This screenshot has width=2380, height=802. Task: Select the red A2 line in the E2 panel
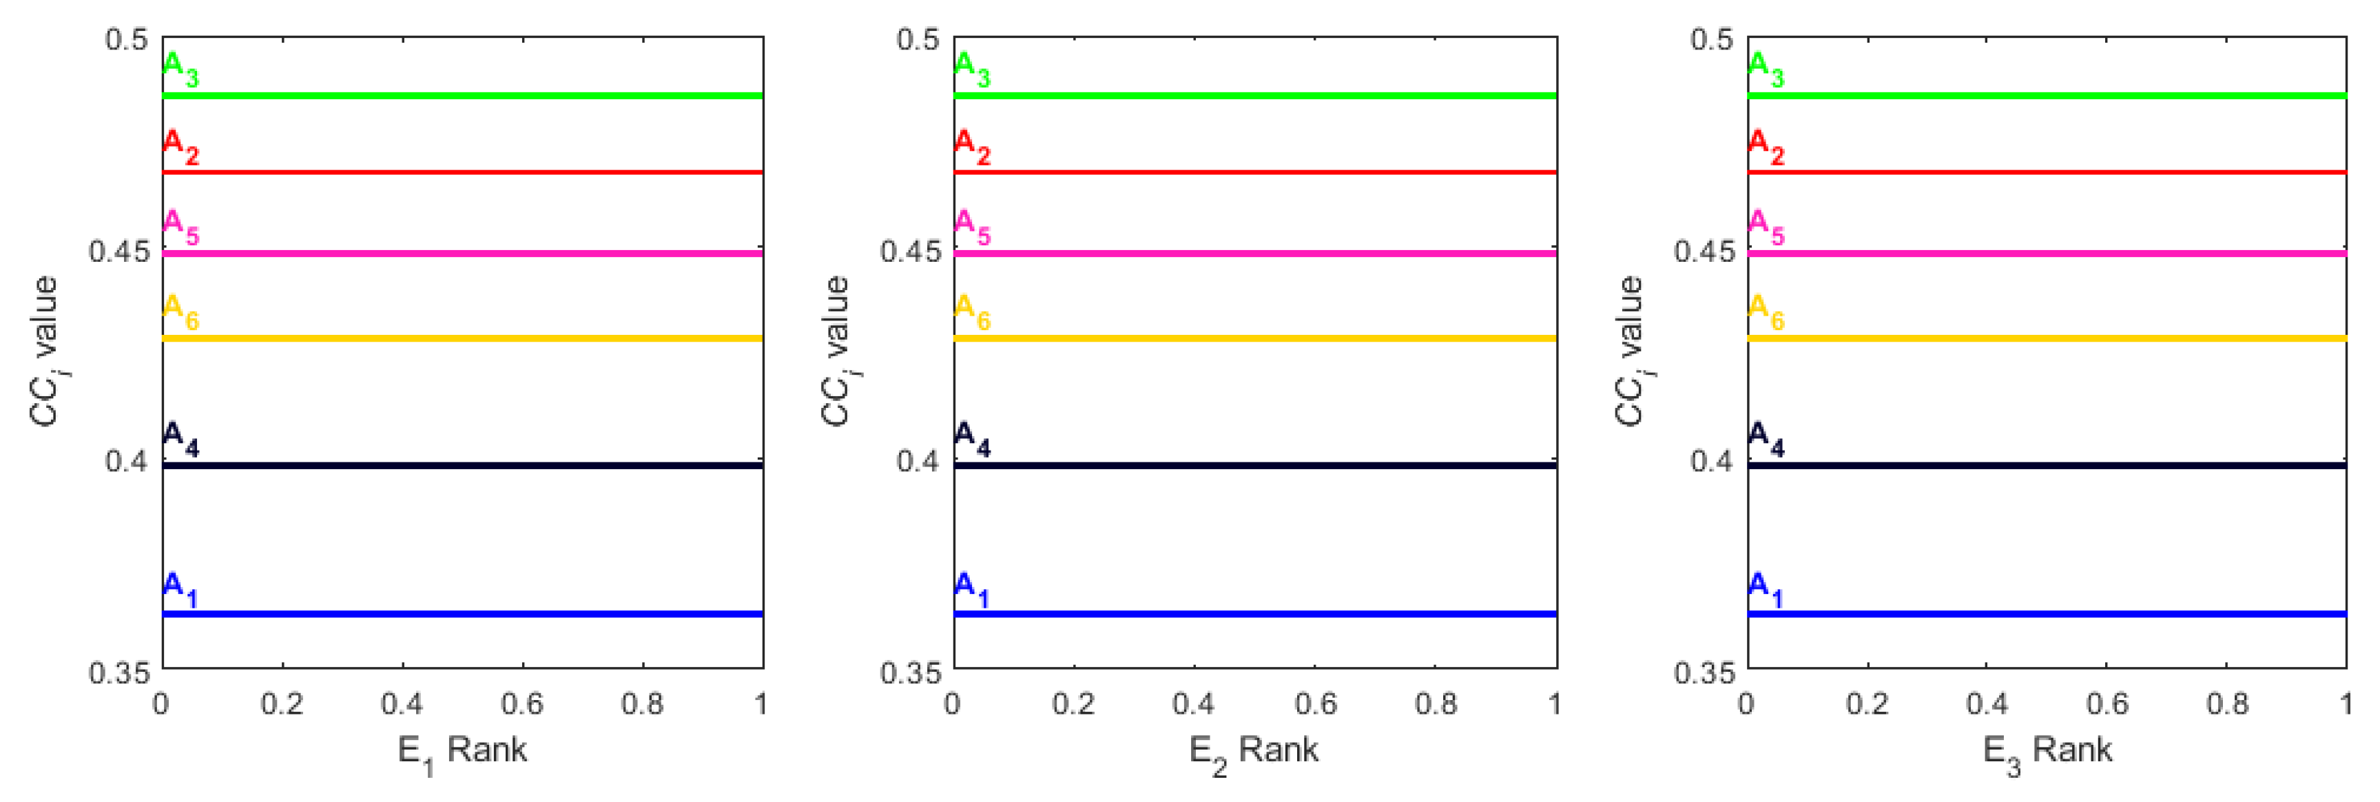(x=1254, y=172)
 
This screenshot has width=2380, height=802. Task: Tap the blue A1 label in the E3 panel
(x=1766, y=588)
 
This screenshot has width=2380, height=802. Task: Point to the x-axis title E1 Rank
(x=462, y=750)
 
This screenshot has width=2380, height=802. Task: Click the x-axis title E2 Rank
(x=1253, y=750)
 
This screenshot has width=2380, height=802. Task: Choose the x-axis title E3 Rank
(x=2047, y=750)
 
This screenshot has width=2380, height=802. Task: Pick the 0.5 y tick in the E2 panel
(x=918, y=40)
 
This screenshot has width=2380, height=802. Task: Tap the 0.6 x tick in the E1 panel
(x=522, y=704)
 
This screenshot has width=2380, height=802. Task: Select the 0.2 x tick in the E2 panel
(x=1074, y=704)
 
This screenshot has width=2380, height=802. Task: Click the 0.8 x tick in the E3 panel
(x=2226, y=704)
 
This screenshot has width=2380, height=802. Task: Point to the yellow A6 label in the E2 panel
(x=972, y=311)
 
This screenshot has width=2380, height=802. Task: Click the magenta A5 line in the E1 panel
(x=462, y=253)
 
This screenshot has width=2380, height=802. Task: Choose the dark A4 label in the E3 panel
(x=1766, y=438)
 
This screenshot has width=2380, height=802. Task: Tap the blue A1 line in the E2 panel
(x=1254, y=613)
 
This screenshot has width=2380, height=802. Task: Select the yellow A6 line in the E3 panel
(x=2047, y=338)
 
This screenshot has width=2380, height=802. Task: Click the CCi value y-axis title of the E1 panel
(x=44, y=351)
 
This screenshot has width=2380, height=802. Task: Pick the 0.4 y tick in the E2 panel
(x=918, y=460)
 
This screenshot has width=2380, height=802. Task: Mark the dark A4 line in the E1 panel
(x=462, y=465)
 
